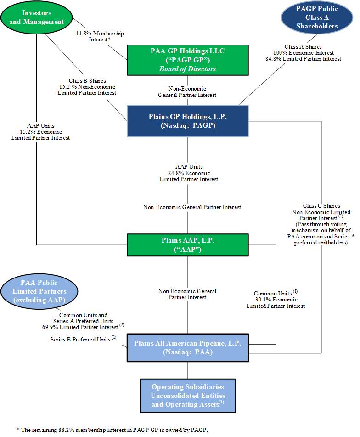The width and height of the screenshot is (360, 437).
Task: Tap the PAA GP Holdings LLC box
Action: coord(187,60)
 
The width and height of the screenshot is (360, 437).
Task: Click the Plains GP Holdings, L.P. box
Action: coord(187,121)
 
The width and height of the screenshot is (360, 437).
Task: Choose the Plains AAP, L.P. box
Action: coord(187,244)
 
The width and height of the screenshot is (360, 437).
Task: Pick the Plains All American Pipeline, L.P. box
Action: coord(187,348)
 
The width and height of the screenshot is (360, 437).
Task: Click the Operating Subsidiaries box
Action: coord(187,396)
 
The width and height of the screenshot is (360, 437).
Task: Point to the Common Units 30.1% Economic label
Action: coord(279,299)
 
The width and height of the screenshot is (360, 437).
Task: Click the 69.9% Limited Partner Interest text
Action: coord(83,326)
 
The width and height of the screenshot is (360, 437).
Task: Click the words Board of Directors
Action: coord(187,69)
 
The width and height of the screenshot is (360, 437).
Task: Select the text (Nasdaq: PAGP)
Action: coord(187,125)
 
